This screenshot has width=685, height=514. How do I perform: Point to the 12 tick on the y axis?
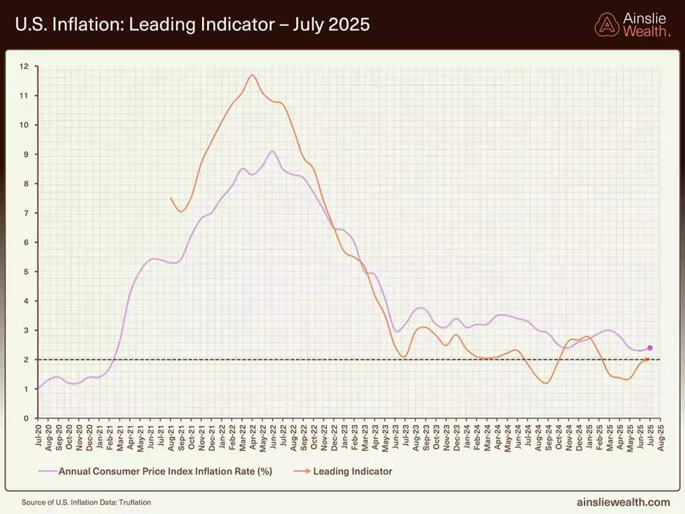25,66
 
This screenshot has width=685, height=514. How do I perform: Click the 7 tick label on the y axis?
25,213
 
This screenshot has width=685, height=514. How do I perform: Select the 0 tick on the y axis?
25,418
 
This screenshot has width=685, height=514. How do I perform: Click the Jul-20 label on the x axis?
38,436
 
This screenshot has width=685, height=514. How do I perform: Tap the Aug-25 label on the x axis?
660,436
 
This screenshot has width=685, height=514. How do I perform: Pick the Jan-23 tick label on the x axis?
342,436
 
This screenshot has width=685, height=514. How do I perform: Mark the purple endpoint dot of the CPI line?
649,348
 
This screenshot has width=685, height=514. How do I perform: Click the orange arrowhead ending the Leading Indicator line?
647,359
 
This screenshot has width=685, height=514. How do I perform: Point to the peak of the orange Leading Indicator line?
253,75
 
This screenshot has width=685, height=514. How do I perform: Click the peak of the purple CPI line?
273,151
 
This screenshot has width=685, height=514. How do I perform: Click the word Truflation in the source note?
134,502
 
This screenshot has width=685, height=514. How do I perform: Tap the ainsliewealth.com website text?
622,502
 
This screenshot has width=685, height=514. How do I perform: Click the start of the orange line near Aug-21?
171,198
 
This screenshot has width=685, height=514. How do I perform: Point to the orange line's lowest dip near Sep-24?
546,383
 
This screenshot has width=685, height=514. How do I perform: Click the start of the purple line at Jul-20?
38,389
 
